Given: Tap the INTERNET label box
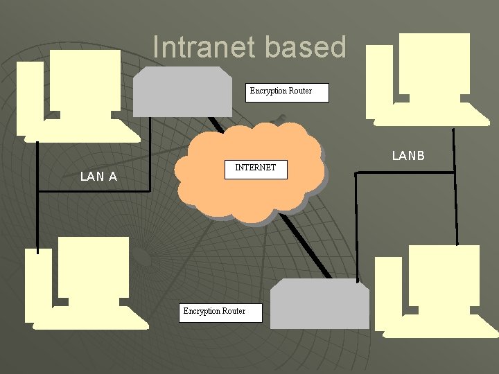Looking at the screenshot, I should [256, 169].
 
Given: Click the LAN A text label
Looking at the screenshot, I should [98, 177].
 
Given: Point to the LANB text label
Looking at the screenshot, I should [408, 156].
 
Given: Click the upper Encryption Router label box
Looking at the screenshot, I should [287, 92].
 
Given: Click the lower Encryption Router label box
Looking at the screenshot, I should [222, 312].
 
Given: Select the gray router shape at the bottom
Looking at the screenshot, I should [319, 305].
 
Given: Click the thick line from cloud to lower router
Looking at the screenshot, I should [305, 242].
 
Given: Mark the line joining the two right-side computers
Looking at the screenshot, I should [455, 187].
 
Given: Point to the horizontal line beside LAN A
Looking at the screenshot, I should [90, 191].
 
